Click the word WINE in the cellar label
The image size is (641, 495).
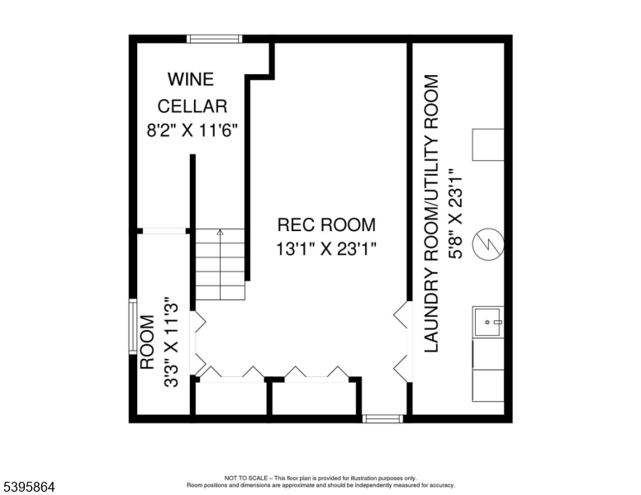(x=191, y=80)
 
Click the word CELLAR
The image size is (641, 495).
(x=192, y=106)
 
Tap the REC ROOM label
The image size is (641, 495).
(x=326, y=224)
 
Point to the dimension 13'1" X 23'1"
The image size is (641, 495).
(x=326, y=249)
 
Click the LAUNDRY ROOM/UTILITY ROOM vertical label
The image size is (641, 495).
(x=431, y=214)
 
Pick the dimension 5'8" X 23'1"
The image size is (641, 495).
(x=454, y=214)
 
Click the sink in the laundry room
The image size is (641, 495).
(x=488, y=323)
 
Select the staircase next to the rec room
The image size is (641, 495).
(x=221, y=265)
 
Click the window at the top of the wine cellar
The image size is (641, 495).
(x=215, y=38)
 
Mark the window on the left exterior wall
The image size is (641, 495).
(x=132, y=328)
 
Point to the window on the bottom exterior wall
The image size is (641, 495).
(x=383, y=419)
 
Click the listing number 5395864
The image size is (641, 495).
(x=28, y=488)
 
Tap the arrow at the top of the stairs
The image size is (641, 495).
(x=220, y=233)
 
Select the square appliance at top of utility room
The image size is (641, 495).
(x=488, y=144)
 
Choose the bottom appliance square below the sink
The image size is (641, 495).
(x=488, y=386)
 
